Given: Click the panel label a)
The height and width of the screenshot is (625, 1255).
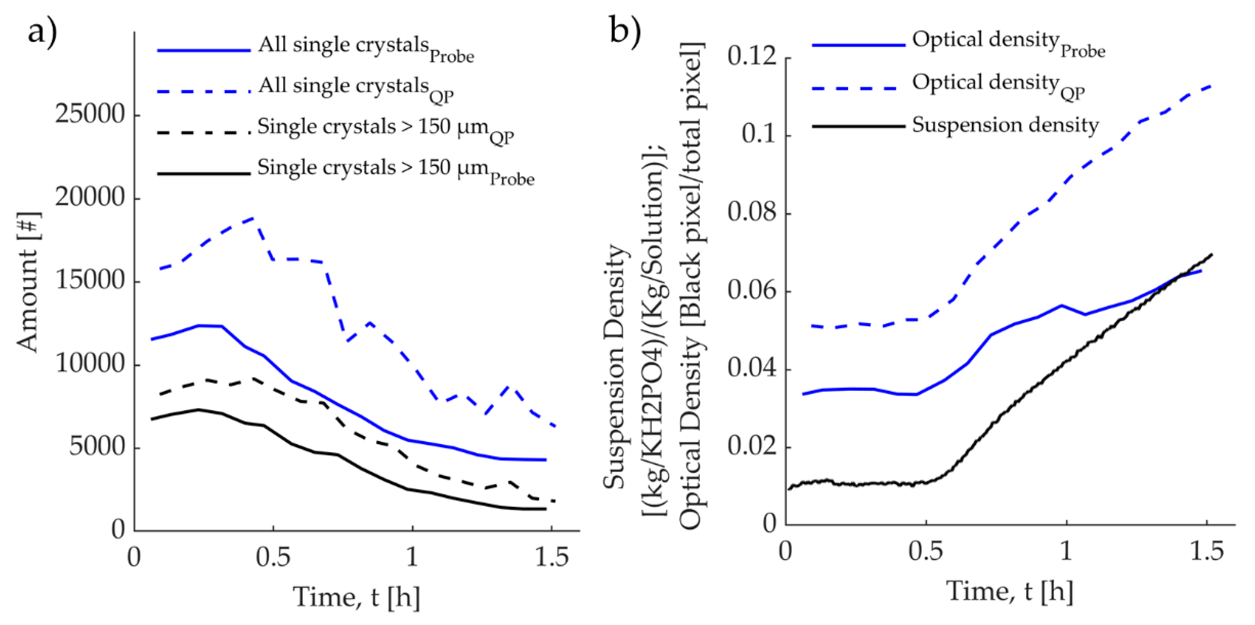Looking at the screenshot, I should [42, 33].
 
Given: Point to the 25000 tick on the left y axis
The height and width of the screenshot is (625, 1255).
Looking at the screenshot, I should [90, 115].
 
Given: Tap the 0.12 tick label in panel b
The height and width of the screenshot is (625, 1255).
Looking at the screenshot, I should [752, 57].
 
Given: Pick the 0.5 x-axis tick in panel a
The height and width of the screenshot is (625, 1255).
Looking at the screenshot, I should [273, 557].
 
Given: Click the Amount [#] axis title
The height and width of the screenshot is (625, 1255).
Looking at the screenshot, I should [28, 282].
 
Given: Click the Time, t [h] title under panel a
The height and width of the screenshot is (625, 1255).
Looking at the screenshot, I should [356, 597].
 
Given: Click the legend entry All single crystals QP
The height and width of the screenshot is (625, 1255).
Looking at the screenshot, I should [356, 88].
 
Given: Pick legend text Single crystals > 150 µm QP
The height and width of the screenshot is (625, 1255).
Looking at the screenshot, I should [385, 129].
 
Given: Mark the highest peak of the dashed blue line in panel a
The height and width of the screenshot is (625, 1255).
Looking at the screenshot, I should [254, 218].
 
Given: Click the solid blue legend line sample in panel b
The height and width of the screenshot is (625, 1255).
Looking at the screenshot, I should [859, 45].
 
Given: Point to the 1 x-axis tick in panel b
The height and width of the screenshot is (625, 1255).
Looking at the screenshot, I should [1067, 552].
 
